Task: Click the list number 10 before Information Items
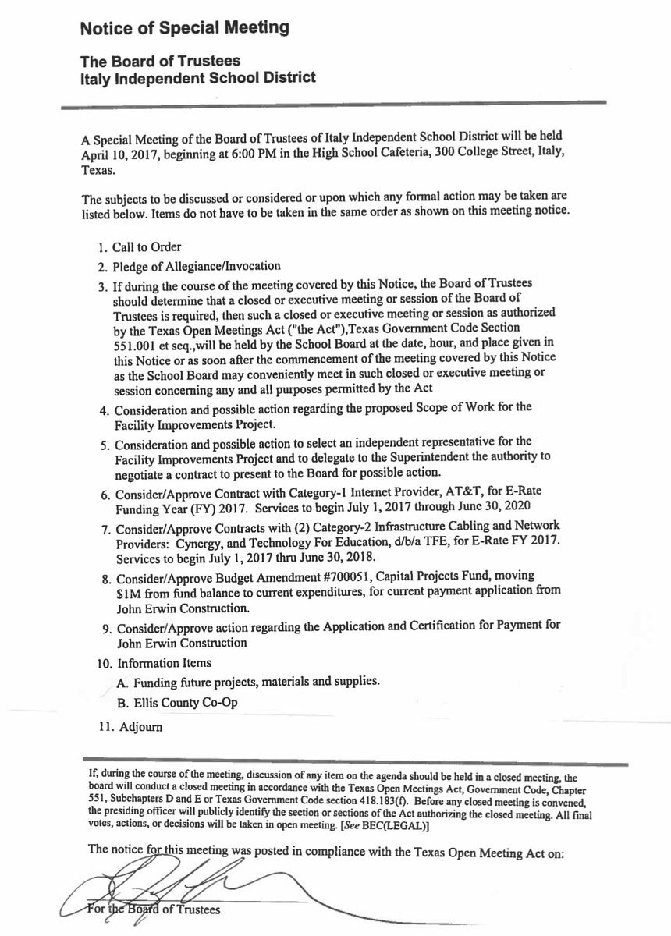coord(103,664)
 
